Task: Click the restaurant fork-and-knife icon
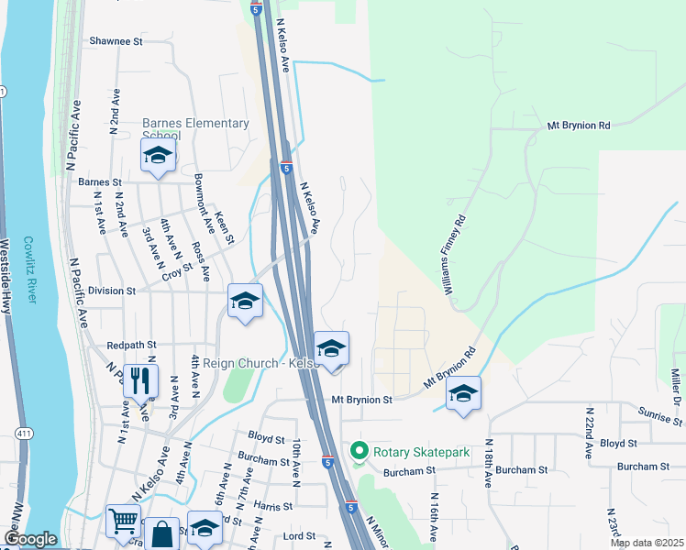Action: (x=139, y=380)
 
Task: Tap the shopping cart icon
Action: (x=122, y=522)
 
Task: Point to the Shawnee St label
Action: (x=116, y=41)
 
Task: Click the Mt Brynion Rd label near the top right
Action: (x=579, y=125)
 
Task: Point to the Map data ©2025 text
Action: (x=646, y=543)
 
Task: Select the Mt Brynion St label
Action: (x=361, y=400)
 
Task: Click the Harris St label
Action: (x=273, y=505)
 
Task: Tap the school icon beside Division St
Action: (x=245, y=302)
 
